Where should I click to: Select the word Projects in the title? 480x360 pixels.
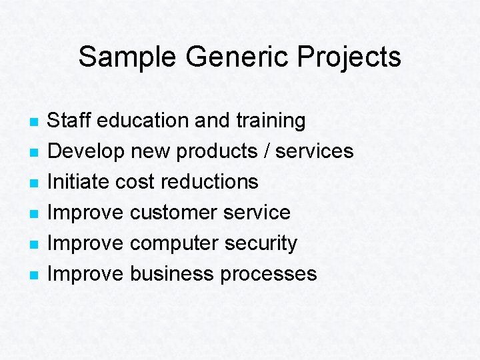pos(349,57)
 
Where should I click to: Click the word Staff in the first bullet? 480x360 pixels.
pos(70,121)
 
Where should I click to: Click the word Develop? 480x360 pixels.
pos(86,151)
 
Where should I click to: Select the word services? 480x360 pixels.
pos(315,151)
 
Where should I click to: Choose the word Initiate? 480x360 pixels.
pos(79,181)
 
